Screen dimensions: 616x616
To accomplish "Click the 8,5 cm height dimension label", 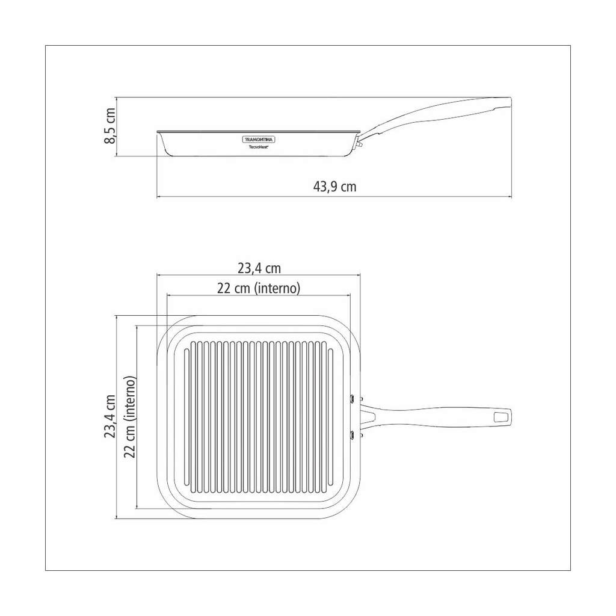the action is click(x=111, y=126).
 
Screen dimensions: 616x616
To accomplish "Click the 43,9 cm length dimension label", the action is click(x=334, y=186).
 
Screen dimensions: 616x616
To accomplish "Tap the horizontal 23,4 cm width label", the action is click(x=259, y=268).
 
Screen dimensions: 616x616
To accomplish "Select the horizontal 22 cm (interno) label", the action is click(x=259, y=288).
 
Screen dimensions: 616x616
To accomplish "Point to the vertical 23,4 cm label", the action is click(x=111, y=416).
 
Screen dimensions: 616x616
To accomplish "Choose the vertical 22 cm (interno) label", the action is click(x=130, y=417).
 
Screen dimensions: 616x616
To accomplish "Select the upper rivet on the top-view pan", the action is click(x=353, y=398).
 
